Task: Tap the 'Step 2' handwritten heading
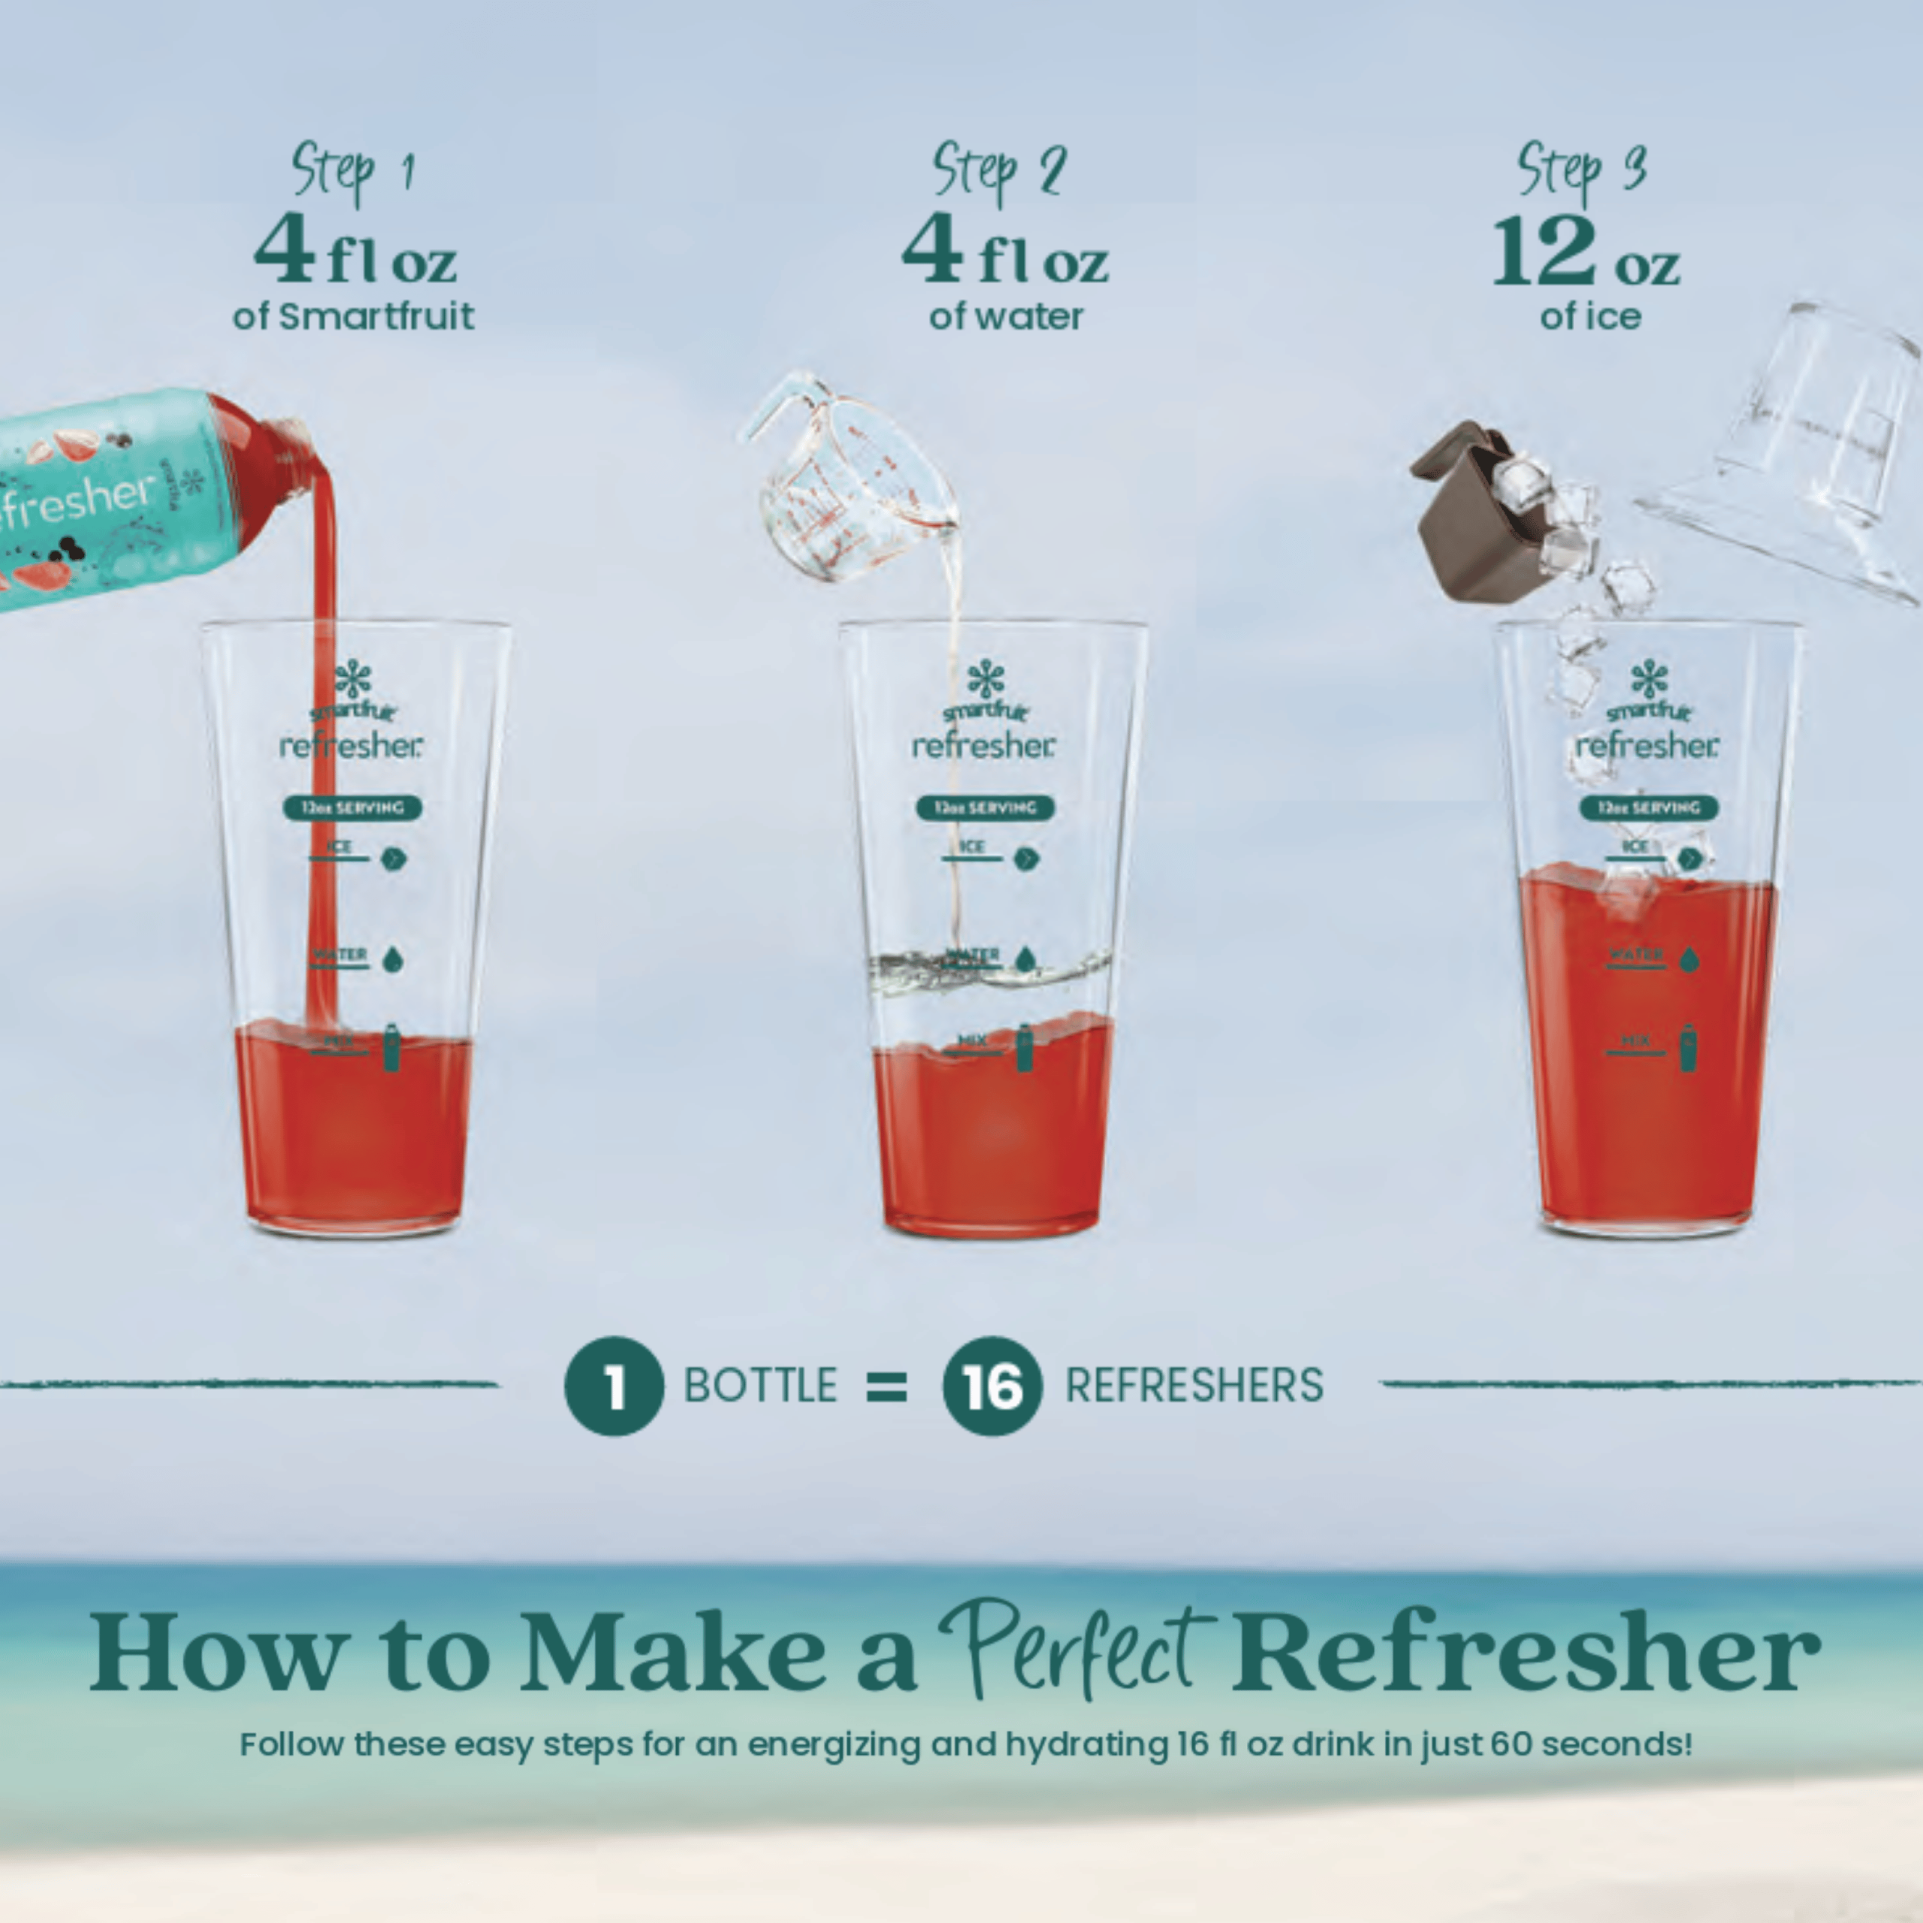point(998,171)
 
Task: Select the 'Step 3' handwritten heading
point(1583,171)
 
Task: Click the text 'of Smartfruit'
point(353,316)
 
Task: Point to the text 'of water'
point(1005,316)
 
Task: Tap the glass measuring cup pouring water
point(846,478)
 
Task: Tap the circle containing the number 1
point(614,1385)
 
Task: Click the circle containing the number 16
point(992,1385)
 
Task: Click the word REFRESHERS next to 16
point(1194,1385)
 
